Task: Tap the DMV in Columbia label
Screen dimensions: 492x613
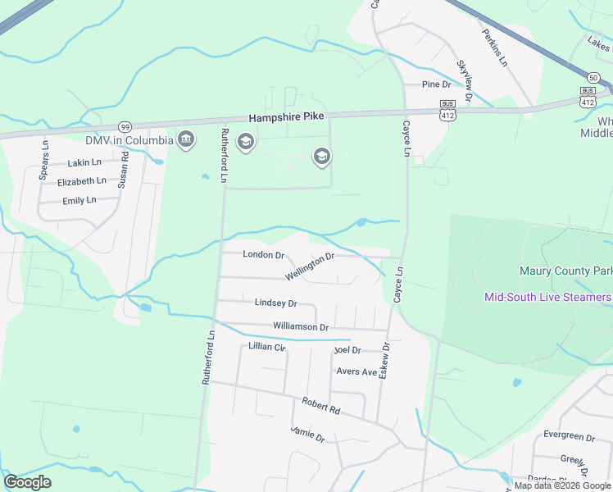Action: [129, 140]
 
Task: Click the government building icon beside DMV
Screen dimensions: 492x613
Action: [186, 139]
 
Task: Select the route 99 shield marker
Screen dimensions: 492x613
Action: [125, 127]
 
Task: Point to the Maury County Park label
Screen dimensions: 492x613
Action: [566, 271]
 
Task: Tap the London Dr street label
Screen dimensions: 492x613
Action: [263, 255]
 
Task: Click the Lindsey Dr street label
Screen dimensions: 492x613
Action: [275, 303]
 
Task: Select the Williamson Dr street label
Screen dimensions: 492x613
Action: [301, 327]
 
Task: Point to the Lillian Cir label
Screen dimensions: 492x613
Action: [267, 348]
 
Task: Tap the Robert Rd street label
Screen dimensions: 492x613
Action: [320, 405]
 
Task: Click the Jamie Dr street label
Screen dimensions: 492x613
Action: [308, 435]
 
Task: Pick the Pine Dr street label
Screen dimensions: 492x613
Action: [436, 84]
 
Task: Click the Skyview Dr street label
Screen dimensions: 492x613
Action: [465, 80]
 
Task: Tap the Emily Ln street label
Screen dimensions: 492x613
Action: [79, 200]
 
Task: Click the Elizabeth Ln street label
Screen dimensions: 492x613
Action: [82, 181]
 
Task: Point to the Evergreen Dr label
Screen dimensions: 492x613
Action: [568, 436]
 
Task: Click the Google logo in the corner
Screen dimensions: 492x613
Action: [28, 482]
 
